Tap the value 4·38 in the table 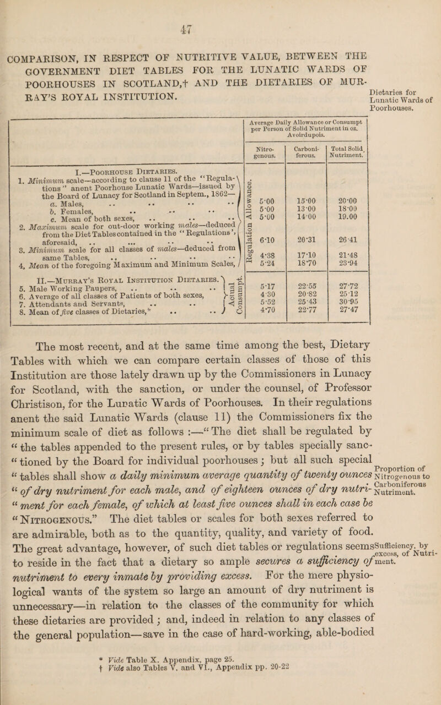pyautogui.click(x=254, y=259)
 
